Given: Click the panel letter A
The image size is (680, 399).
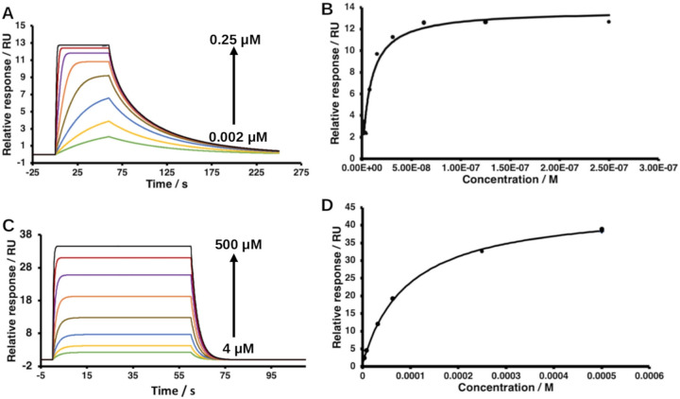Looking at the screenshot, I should (x=8, y=11).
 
